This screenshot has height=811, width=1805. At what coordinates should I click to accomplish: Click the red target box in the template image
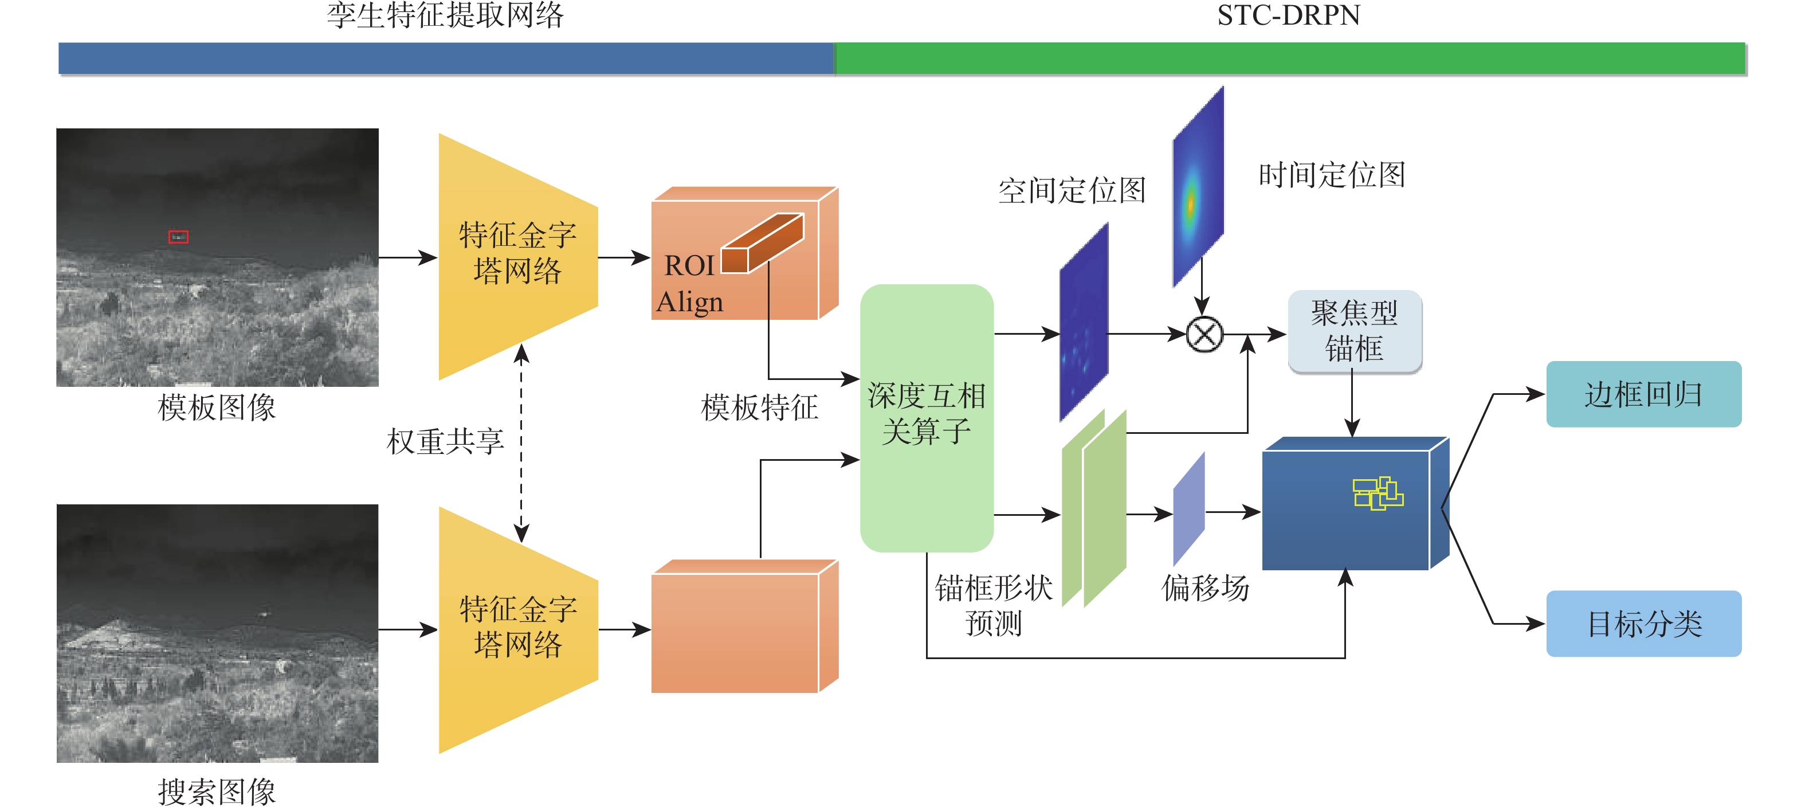tap(178, 237)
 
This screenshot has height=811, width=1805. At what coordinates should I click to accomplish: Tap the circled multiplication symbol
tap(1204, 334)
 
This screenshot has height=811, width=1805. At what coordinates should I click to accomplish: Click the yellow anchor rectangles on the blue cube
tap(1377, 493)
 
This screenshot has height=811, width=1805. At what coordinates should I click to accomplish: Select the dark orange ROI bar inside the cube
tap(762, 243)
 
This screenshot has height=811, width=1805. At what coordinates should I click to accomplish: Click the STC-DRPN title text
tap(1288, 15)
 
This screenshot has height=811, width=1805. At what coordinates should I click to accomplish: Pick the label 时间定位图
tap(1331, 175)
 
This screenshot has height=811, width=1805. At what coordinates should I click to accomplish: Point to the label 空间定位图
tap(1072, 190)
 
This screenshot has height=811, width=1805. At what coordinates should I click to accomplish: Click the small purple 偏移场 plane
tap(1189, 508)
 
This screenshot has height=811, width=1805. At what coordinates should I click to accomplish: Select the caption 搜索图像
tap(217, 792)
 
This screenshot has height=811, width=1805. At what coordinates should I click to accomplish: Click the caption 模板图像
tap(217, 408)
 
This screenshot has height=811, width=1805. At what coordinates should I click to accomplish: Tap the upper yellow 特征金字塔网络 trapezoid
tap(517, 257)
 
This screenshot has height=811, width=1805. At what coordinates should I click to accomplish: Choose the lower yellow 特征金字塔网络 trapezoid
tap(517, 629)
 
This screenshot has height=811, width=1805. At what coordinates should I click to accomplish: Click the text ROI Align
tap(690, 284)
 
